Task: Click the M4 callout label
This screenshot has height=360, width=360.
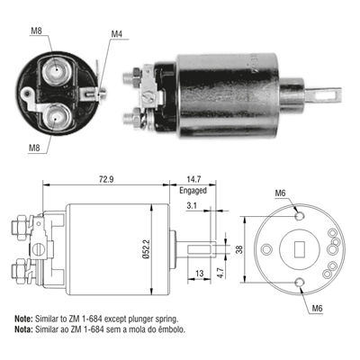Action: [117, 34]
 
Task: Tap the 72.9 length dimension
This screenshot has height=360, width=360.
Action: [106, 179]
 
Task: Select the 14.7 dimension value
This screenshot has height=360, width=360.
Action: [193, 179]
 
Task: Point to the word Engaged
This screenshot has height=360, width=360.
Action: [193, 191]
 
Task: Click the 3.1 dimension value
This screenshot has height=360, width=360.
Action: [192, 206]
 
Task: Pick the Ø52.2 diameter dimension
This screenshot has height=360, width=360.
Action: [146, 248]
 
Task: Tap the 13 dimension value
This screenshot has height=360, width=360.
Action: [199, 274]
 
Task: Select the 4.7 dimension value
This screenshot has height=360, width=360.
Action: [220, 272]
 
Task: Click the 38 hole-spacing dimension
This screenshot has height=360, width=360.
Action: [239, 249]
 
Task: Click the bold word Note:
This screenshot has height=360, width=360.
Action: [23, 318]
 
